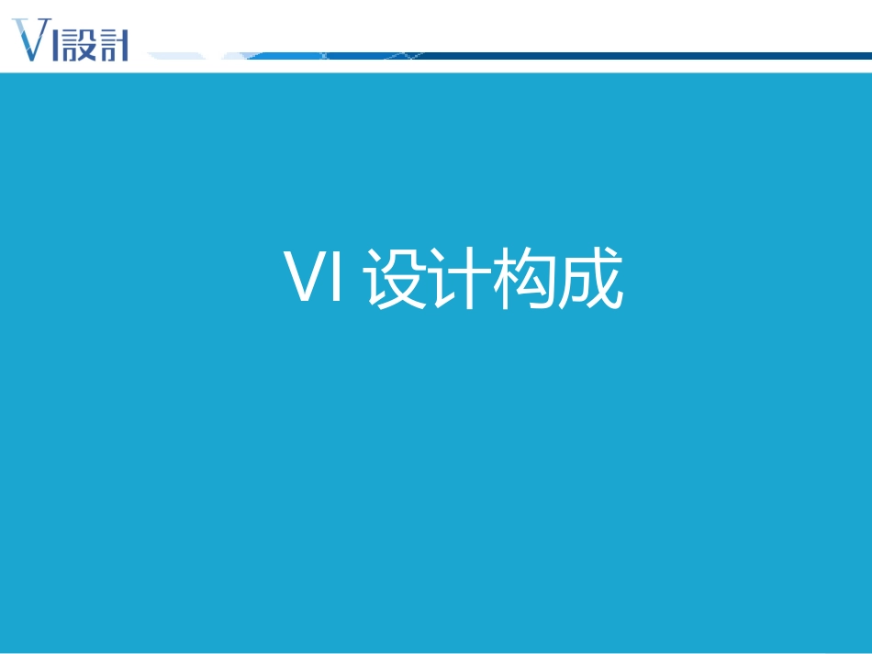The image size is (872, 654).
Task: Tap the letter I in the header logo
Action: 57,44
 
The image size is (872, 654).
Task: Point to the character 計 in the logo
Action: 112,44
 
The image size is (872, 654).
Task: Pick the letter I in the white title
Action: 336,276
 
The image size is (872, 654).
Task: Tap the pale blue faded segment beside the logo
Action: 174,56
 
